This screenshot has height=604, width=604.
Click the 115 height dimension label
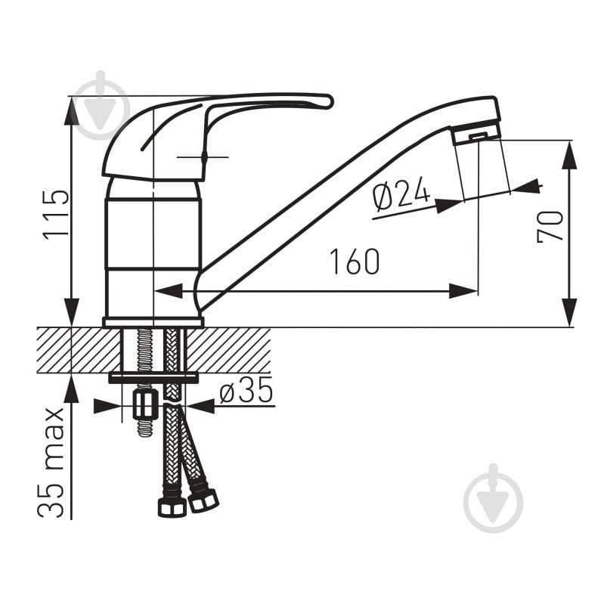(57, 215)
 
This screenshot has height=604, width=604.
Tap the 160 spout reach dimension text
(355, 262)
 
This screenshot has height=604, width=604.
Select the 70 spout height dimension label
(550, 226)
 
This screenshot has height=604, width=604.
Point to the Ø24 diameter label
(401, 195)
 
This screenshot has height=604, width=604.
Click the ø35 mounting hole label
(246, 389)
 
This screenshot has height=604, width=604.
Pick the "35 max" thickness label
(51, 462)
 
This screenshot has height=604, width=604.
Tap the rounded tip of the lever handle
(327, 101)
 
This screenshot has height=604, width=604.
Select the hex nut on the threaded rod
(145, 404)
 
